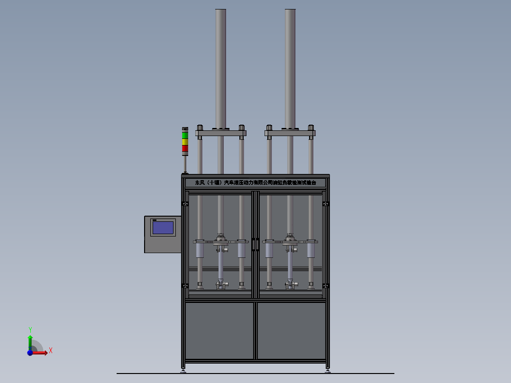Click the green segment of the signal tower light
pyautogui.click(x=185, y=135)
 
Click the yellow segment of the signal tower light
pyautogui.click(x=185, y=142)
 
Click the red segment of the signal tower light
pyautogui.click(x=185, y=148)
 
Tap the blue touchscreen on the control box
pyautogui.click(x=163, y=228)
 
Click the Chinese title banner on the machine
pyautogui.click(x=255, y=182)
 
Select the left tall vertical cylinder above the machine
pyautogui.click(x=220, y=66)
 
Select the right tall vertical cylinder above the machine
pyautogui.click(x=290, y=66)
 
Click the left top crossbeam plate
pyautogui.click(x=220, y=134)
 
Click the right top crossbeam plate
pyautogui.click(x=290, y=134)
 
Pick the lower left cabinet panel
pyautogui.click(x=219, y=330)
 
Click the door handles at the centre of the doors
pyautogui.click(x=255, y=244)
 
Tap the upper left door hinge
pyautogui.click(x=184, y=204)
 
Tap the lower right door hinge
pyautogui.click(x=326, y=285)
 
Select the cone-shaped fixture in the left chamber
pyautogui.click(x=220, y=282)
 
